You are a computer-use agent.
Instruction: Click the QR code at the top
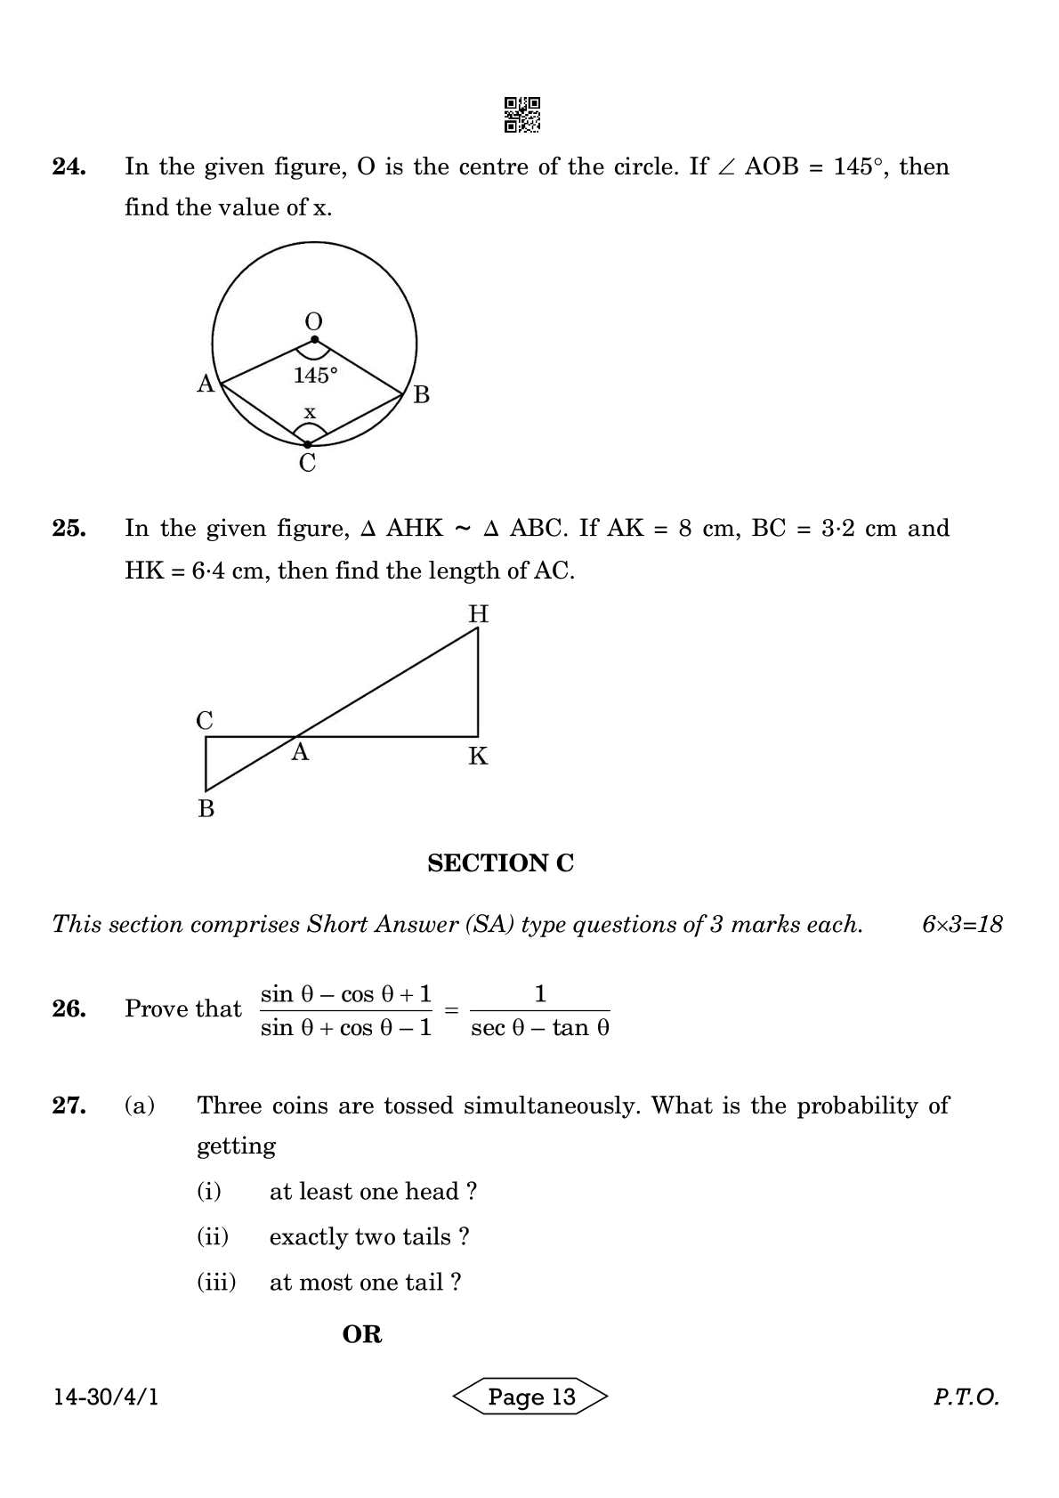(522, 115)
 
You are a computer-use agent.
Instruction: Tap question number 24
(69, 167)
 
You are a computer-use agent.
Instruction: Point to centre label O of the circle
(313, 321)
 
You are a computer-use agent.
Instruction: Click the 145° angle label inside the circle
(316, 376)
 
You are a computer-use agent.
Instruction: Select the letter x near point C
(310, 412)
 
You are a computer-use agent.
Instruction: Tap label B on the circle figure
(422, 394)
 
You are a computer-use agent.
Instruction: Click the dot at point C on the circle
(308, 443)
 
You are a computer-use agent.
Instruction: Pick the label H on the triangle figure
(479, 614)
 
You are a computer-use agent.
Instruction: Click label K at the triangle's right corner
(478, 757)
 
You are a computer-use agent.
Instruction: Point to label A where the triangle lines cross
(301, 753)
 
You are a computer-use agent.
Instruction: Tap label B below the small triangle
(206, 809)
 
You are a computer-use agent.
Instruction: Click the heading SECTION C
(501, 863)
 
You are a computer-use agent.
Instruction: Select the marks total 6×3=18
(962, 925)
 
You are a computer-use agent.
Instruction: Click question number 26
(69, 1009)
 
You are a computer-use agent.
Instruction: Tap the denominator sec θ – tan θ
(540, 1029)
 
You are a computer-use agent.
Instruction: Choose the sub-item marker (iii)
(216, 1283)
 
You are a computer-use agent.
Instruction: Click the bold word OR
(362, 1334)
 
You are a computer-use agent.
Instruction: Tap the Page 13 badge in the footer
(531, 1397)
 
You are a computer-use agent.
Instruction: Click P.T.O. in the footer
(966, 1397)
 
